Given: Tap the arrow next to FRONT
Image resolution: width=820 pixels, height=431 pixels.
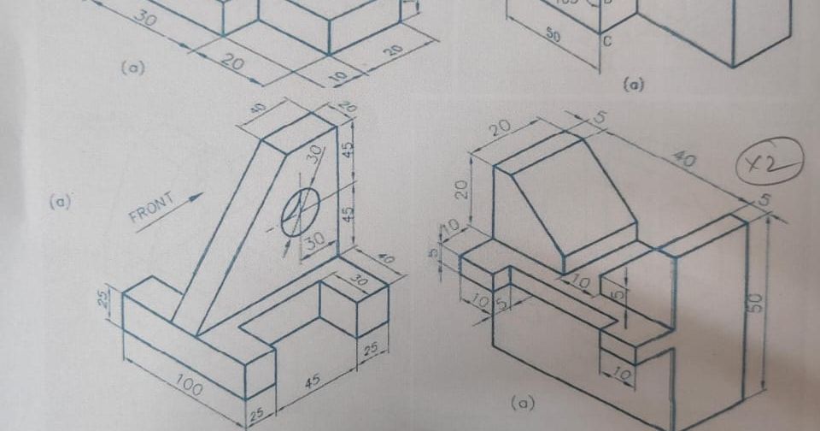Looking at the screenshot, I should click(192, 198).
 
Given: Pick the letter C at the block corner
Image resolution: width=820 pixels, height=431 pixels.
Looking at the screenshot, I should click(607, 40).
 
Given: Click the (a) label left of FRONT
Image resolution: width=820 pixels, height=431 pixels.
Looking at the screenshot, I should click(59, 203).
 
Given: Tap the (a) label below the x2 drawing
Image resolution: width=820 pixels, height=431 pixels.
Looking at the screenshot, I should click(521, 401).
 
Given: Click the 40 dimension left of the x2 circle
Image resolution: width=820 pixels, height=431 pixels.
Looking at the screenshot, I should click(683, 159).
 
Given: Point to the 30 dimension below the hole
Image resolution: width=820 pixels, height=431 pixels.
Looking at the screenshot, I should click(314, 242).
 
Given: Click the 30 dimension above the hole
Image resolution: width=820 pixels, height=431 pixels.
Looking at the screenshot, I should click(315, 155).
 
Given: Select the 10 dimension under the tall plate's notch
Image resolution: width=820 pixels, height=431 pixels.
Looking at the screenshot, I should click(622, 374).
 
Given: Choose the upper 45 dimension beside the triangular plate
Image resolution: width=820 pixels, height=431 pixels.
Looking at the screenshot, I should click(348, 149).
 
